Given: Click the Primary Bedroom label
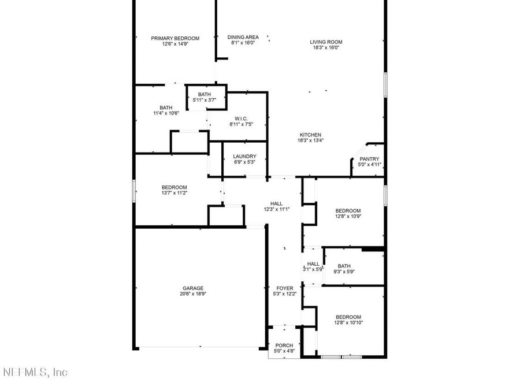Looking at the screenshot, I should (x=175, y=38).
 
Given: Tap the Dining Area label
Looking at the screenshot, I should (x=243, y=37).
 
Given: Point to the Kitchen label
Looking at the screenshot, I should (x=310, y=135).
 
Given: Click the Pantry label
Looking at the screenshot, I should (x=369, y=159).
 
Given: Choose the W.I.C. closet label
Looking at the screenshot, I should (x=241, y=118).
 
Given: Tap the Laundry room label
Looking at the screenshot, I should (x=244, y=156).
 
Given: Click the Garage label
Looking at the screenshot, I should (x=193, y=288).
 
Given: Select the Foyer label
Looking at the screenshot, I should (x=285, y=288).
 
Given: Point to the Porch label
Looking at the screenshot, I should (x=284, y=346).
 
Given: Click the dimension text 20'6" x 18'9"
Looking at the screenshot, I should (x=193, y=294).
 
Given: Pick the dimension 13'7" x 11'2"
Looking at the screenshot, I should (x=174, y=193).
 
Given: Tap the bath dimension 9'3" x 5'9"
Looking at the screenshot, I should (x=344, y=272).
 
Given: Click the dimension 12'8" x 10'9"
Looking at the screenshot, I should (x=348, y=217).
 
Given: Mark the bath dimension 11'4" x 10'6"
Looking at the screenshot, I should (x=166, y=113).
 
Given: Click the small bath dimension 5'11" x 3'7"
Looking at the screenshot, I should (x=205, y=100).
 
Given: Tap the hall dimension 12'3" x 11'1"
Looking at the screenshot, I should (x=276, y=209).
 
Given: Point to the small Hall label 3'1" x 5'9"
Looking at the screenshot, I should (x=313, y=264).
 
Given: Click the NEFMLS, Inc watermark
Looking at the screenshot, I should (x=35, y=372).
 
